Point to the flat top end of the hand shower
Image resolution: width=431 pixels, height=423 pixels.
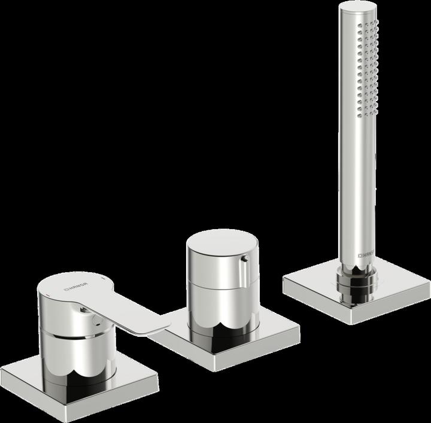(358, 9)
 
